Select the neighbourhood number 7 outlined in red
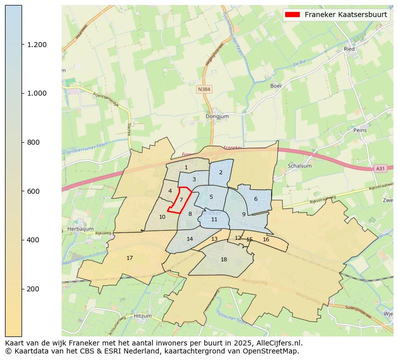click(x=181, y=200)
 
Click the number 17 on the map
click(x=129, y=258)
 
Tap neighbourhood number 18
click(x=224, y=259)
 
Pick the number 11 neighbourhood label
click(x=214, y=219)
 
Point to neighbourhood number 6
click(x=256, y=199)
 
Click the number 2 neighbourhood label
click(x=221, y=172)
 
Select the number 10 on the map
click(x=162, y=217)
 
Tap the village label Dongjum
click(x=217, y=117)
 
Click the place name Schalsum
click(x=300, y=166)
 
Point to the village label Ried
click(x=349, y=49)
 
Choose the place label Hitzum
click(x=142, y=316)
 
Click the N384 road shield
click(x=204, y=89)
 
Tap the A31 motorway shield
click(x=380, y=169)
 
